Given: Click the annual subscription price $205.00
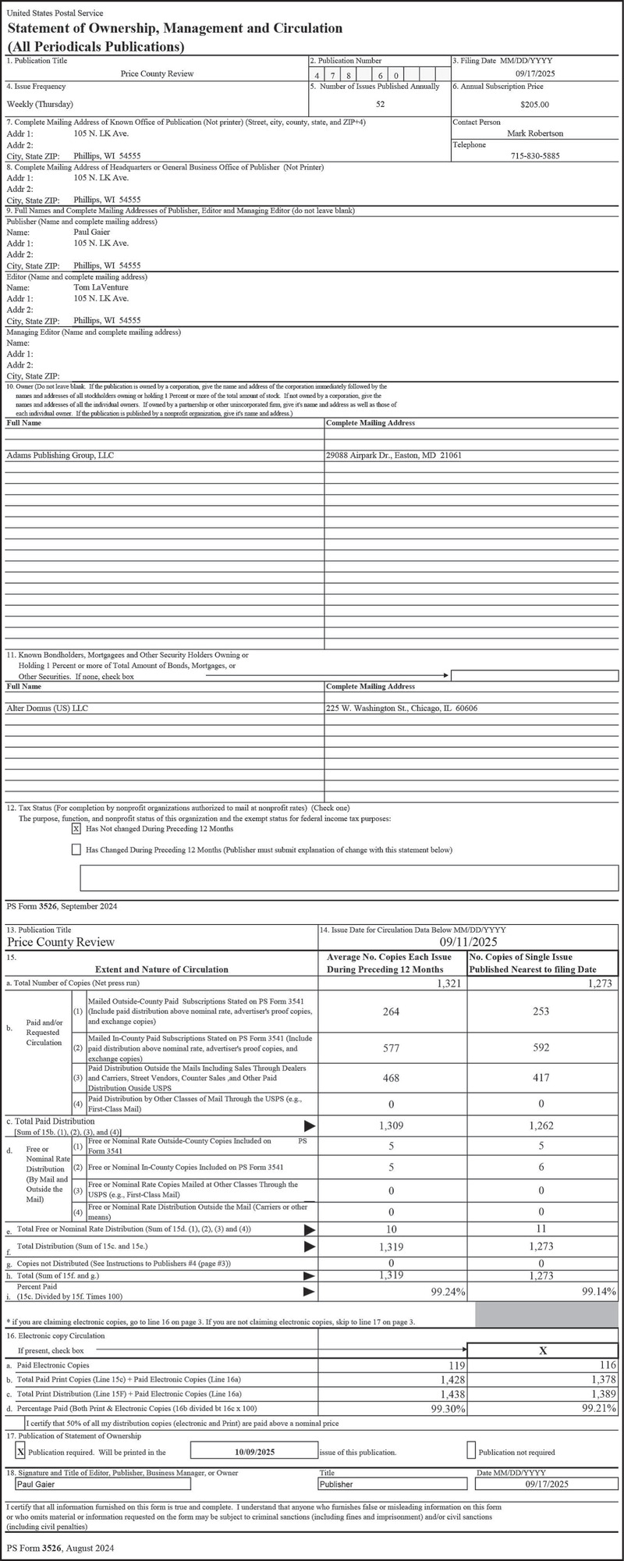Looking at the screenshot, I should (534, 105).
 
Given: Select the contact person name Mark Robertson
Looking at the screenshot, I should (534, 133).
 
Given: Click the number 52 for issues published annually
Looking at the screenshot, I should (380, 104).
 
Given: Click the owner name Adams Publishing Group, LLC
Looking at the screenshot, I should (60, 455).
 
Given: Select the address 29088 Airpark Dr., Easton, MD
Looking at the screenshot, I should (393, 455).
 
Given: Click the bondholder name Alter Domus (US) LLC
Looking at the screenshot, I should (49, 709).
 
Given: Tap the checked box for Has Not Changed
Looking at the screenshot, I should (76, 829).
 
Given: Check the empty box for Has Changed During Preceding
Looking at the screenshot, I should (76, 849).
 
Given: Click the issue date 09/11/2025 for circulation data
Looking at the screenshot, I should (468, 942).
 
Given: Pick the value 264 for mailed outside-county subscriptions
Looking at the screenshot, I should (391, 1012).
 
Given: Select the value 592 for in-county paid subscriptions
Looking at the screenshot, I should (541, 1047).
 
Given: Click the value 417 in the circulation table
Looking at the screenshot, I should (541, 1078).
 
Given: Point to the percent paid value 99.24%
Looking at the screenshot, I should (448, 1293).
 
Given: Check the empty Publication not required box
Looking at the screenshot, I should (471, 1451).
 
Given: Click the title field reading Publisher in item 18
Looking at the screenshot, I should (336, 1484).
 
